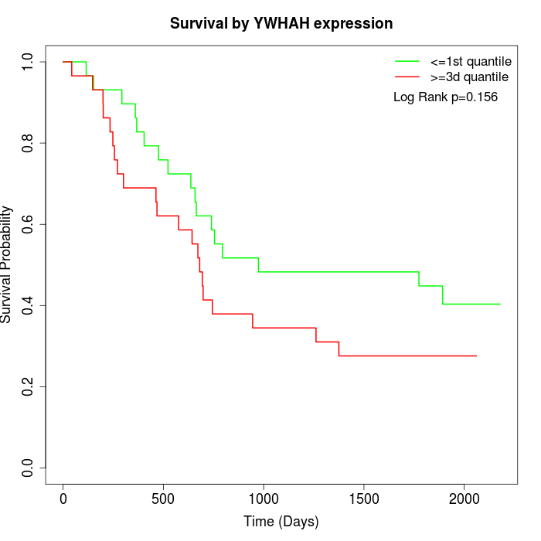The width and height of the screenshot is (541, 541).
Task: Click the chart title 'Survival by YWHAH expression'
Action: [281, 23]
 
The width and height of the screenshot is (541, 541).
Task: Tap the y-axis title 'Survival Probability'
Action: [7, 264]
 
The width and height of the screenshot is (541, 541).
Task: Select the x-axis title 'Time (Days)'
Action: [281, 522]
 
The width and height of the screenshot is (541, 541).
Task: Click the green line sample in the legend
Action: [407, 60]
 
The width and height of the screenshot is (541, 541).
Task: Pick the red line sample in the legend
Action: [407, 77]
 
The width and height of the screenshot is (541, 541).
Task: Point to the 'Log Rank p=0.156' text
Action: [445, 97]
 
